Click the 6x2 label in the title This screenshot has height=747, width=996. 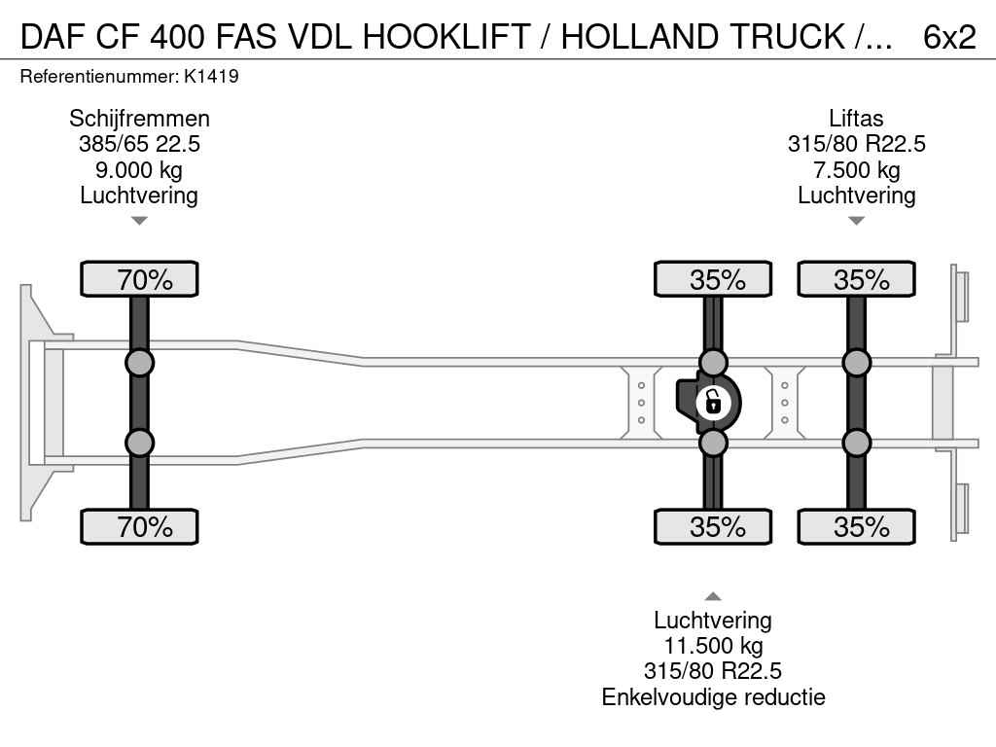point(949,37)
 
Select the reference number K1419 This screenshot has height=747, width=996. point(211,76)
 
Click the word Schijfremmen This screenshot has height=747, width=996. point(139,119)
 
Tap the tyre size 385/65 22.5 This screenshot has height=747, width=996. point(139,144)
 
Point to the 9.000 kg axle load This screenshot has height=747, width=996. point(139,169)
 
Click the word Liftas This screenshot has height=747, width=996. point(856,119)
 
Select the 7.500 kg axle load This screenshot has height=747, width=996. point(856,169)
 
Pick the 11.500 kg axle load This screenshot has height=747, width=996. point(713,646)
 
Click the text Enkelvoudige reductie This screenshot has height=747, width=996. point(713,696)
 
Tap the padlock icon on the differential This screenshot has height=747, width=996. point(713,403)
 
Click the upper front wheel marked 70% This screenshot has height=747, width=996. point(139,279)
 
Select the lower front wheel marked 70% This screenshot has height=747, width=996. point(139,526)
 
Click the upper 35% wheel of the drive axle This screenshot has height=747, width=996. point(713,279)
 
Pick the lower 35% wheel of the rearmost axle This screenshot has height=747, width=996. point(856,526)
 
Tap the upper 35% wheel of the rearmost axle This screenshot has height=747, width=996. point(856,279)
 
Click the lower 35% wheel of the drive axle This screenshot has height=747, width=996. point(713,526)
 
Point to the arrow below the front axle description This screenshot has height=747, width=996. point(139,221)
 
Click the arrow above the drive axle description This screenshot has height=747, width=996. point(713,596)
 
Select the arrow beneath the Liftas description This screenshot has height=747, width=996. point(856,221)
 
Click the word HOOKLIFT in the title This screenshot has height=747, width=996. point(446,37)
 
